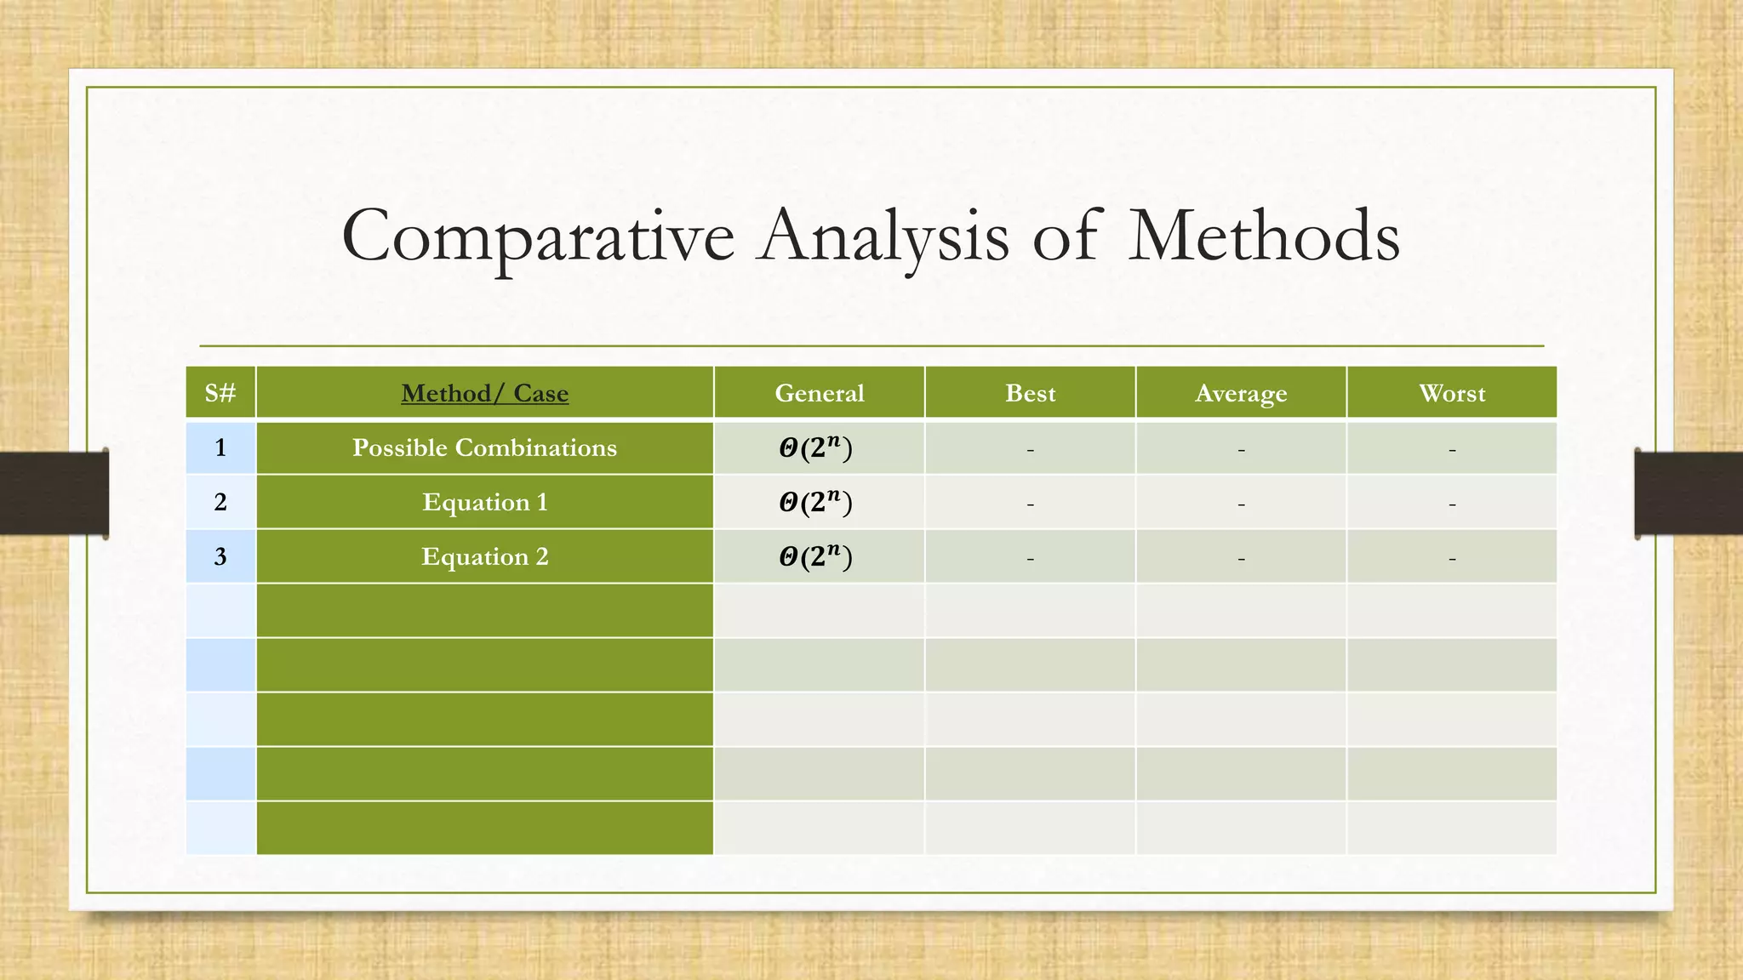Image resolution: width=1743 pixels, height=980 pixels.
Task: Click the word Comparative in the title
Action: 537,236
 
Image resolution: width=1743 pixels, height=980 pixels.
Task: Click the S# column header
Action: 220,393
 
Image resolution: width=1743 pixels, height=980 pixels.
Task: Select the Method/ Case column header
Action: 484,393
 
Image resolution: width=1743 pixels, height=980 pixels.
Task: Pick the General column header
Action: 819,393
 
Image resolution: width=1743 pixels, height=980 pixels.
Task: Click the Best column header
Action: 1030,393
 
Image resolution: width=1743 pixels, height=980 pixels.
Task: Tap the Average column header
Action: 1240,393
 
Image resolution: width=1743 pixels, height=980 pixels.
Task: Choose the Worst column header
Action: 1451,393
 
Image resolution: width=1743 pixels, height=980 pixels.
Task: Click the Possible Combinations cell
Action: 484,447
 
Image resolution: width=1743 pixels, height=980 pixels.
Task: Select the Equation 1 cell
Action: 484,502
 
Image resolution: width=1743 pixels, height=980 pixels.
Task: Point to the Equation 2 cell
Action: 484,556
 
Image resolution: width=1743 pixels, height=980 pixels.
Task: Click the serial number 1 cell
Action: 220,447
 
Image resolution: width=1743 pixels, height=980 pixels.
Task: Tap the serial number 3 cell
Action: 220,556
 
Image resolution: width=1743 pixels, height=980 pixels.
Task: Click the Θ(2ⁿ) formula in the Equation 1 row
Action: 815,502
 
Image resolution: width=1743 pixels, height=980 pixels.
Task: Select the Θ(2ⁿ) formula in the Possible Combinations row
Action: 815,447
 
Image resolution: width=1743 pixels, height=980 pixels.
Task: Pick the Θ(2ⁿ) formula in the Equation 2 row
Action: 815,556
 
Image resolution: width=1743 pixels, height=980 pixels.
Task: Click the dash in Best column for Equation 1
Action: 1030,504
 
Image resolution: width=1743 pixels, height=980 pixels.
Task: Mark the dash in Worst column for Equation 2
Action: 1451,559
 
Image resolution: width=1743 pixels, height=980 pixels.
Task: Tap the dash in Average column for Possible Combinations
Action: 1240,450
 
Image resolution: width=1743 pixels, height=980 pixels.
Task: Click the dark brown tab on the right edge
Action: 1689,493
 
